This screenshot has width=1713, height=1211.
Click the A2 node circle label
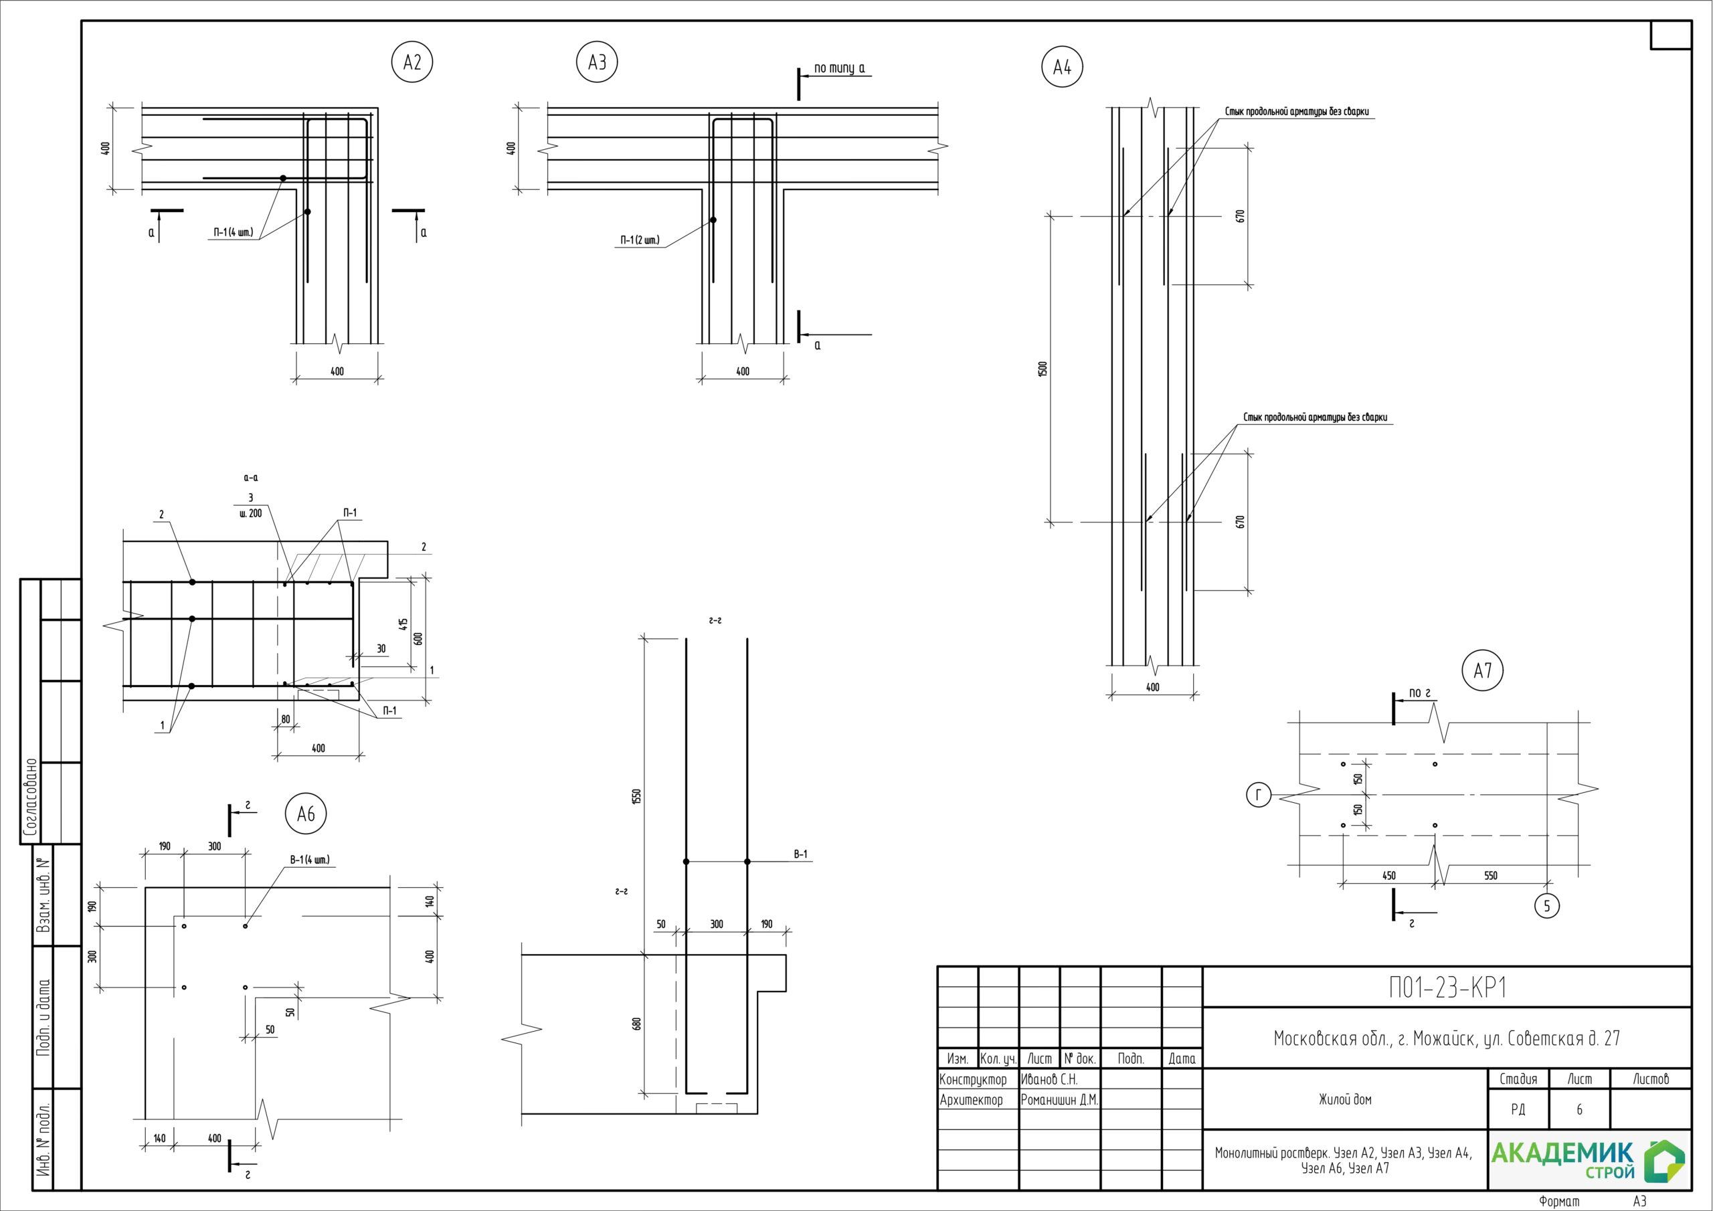click(x=412, y=62)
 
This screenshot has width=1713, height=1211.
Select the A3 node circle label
click(x=597, y=62)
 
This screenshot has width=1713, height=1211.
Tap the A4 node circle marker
click(x=1062, y=67)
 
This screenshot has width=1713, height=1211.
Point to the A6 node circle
click(x=306, y=814)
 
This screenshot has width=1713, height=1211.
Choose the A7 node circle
click(x=1482, y=671)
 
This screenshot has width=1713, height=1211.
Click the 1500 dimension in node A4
click(x=1043, y=369)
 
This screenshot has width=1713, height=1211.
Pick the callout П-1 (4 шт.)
click(x=234, y=232)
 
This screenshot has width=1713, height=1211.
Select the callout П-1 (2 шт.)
click(x=640, y=240)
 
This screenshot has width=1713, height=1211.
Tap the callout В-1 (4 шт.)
click(x=310, y=860)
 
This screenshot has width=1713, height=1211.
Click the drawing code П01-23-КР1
click(x=1447, y=987)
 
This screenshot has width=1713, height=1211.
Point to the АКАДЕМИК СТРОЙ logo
click(x=1589, y=1160)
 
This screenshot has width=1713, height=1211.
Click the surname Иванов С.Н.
click(x=1049, y=1080)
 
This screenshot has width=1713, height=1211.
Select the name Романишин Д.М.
click(x=1059, y=1100)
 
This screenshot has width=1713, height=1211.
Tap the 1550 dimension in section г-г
click(x=636, y=797)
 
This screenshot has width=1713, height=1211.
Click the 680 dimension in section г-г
click(x=636, y=1024)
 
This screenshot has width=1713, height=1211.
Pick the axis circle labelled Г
click(x=1259, y=796)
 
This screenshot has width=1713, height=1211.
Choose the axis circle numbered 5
click(x=1546, y=906)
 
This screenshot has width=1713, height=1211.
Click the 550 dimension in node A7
click(x=1490, y=876)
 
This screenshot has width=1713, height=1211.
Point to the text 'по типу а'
click(x=839, y=68)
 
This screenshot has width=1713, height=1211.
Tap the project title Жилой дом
click(x=1344, y=1099)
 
